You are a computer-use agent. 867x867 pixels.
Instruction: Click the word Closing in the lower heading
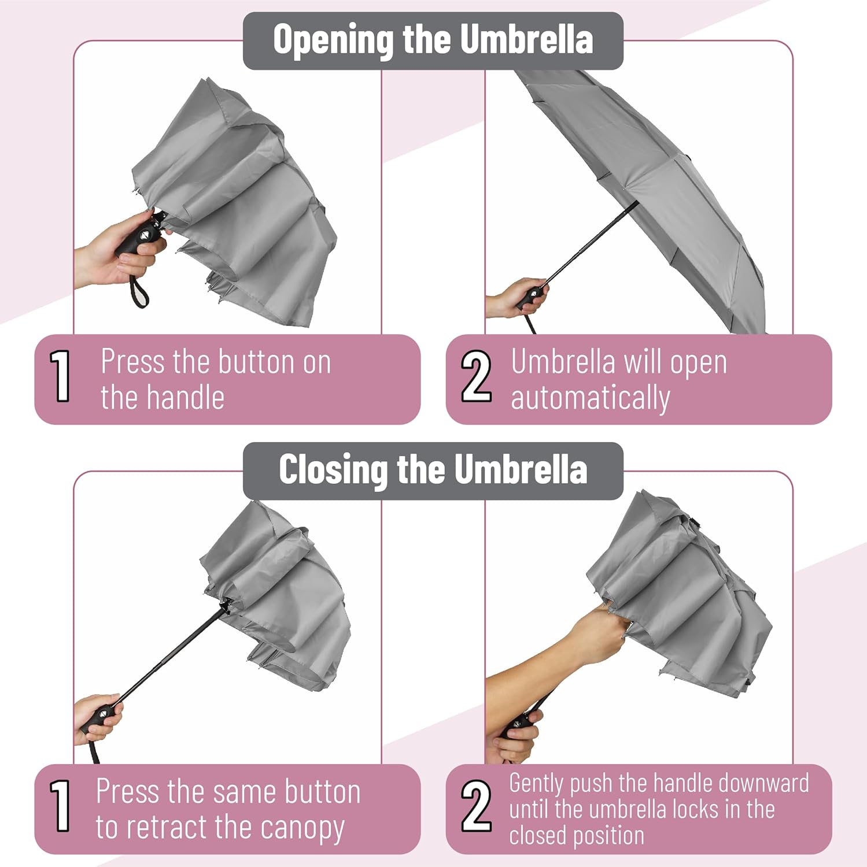coord(333,470)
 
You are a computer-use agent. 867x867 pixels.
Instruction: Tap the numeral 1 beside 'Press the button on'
coord(60,376)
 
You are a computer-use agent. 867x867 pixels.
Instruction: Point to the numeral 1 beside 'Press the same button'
coord(60,806)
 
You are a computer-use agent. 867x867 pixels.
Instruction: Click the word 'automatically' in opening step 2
coord(590,399)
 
